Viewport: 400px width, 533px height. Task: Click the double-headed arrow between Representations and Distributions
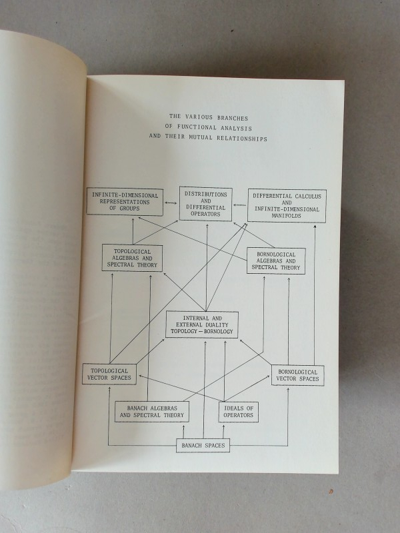171,203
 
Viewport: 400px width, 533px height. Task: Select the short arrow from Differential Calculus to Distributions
240,205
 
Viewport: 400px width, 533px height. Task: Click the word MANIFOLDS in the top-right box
286,216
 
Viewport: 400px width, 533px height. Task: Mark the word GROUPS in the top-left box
129,209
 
